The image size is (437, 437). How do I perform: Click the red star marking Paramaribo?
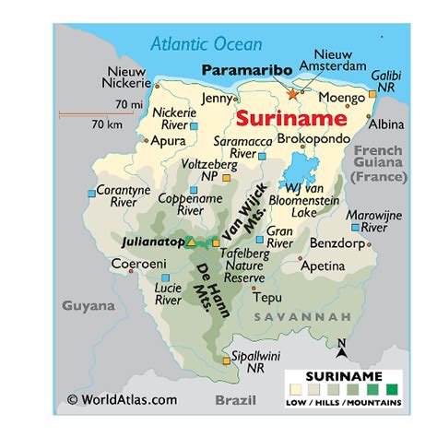pos(294,93)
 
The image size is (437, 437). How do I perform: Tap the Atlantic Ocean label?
pos(207,43)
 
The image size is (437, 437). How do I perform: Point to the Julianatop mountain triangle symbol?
pos(190,242)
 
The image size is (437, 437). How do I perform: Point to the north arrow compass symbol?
pos(340,348)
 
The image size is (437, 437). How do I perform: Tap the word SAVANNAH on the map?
pos(313,317)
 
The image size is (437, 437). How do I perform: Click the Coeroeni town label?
pos(138,263)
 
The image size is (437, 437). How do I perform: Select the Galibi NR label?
pos(387,80)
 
